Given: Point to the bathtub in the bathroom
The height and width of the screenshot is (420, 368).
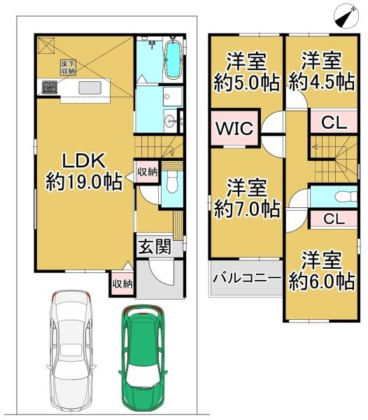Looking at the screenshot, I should pos(171,61).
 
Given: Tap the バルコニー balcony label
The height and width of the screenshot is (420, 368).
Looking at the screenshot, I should pos(246,279).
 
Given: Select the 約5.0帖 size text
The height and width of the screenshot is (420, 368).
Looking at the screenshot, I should pos(246,81).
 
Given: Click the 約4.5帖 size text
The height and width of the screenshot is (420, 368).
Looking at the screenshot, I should pos(322,81).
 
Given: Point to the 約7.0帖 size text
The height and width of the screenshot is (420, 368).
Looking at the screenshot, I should pos(246,208).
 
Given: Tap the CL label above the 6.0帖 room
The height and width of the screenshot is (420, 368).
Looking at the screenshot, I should pos(333,218).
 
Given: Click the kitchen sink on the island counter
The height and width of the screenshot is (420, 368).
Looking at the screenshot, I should pos(89,87).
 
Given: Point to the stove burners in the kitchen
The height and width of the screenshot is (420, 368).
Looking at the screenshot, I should pos(50,87).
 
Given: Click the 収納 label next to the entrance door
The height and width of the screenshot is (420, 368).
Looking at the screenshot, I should pos(120,284).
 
